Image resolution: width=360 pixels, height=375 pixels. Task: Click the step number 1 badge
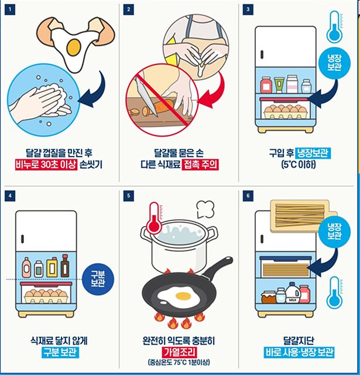10,10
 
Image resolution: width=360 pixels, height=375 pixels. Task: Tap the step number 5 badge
129,196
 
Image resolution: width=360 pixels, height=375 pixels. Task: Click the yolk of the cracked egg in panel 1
74,47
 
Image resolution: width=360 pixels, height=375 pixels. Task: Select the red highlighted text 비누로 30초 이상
46,165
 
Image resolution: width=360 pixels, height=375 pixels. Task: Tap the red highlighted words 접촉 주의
200,165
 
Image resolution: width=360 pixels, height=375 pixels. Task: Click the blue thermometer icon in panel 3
334,28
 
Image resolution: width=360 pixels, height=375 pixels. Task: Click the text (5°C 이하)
299,165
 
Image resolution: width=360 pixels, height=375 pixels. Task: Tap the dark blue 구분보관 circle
98,279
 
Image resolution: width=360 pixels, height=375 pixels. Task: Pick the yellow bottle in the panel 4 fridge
52,267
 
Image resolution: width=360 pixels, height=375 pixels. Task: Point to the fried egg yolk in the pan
183,296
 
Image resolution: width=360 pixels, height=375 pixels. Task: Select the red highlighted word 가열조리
179,352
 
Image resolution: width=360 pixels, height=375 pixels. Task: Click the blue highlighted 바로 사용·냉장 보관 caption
299,352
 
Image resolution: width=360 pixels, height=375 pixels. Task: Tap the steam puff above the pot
205,209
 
